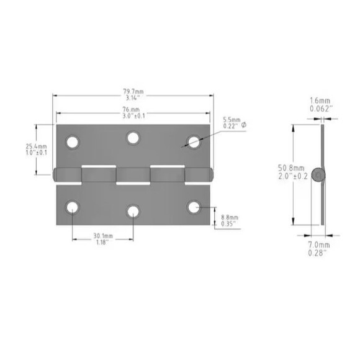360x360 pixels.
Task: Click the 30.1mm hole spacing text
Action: click(103, 236)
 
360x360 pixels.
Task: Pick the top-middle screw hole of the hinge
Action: click(133, 138)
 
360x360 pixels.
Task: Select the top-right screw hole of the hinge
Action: click(194, 142)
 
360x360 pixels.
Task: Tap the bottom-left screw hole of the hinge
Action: click(73, 207)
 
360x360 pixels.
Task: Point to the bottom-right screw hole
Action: click(194, 207)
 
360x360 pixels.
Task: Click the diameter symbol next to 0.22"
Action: click(243, 125)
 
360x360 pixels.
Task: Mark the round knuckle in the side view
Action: click(319, 176)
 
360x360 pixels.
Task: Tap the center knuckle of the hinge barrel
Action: click(133, 175)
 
